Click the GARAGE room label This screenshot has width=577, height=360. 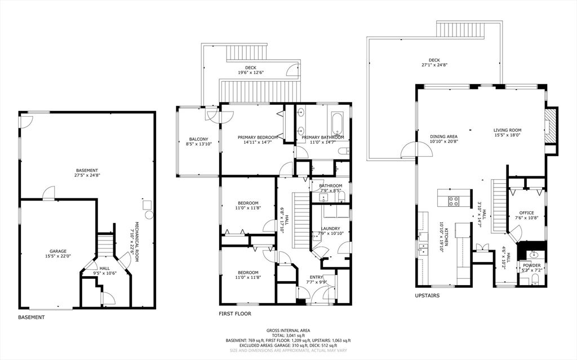coord(58,251)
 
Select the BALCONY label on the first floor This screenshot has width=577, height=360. coord(199,139)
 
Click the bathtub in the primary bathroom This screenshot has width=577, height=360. coord(337,124)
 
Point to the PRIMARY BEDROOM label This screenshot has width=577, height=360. coord(258,137)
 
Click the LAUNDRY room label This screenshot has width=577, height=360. coord(330,229)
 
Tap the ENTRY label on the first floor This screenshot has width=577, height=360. coord(317,277)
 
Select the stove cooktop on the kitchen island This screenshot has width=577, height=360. coord(454,201)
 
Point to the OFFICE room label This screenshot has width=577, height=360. coord(527,213)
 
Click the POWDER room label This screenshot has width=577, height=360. coord(532,265)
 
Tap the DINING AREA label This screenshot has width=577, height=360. coord(444,136)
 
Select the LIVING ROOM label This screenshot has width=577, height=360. coord(508,130)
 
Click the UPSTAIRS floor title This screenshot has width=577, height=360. coord(427,296)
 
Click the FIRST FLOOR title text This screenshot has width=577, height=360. coord(235,314)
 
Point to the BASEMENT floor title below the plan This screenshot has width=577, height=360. coord(32,317)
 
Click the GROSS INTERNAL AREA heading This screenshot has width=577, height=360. coord(288,331)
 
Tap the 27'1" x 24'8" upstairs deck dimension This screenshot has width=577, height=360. coord(434,65)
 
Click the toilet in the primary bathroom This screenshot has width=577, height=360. coord(344,150)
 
